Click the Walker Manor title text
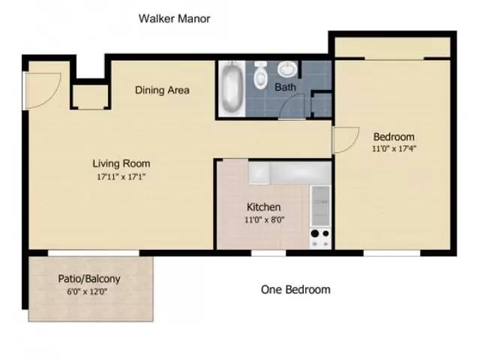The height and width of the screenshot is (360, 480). pyautogui.click(x=174, y=19)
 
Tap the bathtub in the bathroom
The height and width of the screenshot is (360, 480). pyautogui.click(x=230, y=88)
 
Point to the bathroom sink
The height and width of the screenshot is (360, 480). pyautogui.click(x=288, y=69)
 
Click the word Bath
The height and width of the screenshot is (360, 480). pyautogui.click(x=285, y=88)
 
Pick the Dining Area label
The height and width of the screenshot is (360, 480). pyautogui.click(x=162, y=90)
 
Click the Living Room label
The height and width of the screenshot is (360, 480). pyautogui.click(x=121, y=163)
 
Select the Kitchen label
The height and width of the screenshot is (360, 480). pyautogui.click(x=264, y=207)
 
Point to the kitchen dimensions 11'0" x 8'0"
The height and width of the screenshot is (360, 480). pyautogui.click(x=264, y=220)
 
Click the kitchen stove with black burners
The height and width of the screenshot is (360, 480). pyautogui.click(x=320, y=238)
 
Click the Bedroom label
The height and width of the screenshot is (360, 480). pyautogui.click(x=394, y=136)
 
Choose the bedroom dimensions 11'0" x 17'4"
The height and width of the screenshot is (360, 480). pyautogui.click(x=394, y=148)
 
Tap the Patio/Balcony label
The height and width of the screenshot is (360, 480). pyautogui.click(x=89, y=279)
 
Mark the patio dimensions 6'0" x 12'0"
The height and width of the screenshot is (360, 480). pyautogui.click(x=89, y=292)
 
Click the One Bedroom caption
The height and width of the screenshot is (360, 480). pyautogui.click(x=295, y=289)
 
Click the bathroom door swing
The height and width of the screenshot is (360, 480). pyautogui.click(x=290, y=109)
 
